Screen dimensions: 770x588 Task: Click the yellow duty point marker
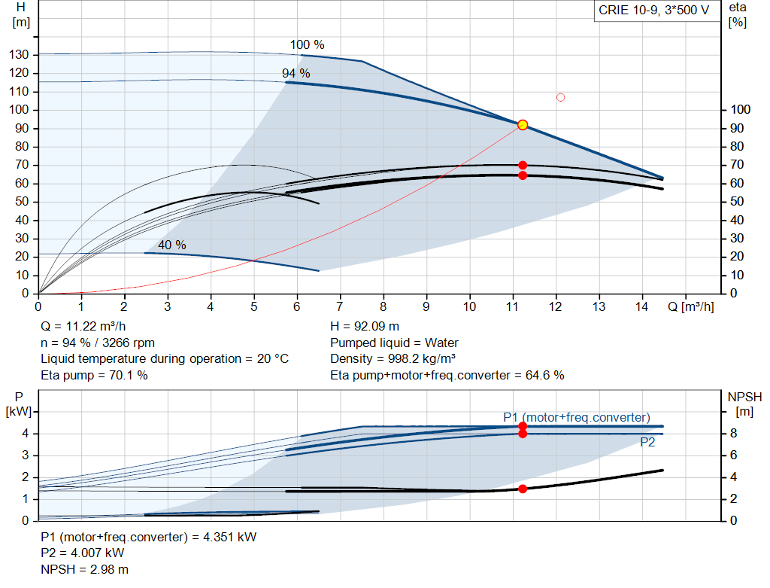pos(523,125)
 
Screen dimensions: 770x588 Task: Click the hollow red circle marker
pos(560,97)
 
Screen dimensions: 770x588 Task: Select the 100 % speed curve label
pos(307,44)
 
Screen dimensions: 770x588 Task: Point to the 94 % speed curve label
pos(296,73)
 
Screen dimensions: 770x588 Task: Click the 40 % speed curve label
pos(172,245)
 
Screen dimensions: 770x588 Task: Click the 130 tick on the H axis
pos(19,54)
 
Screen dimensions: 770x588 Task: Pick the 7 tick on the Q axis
pos(340,306)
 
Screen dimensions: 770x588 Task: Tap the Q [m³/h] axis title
pos(690,306)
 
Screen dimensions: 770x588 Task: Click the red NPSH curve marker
pos(523,489)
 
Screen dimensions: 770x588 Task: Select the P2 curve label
pos(647,443)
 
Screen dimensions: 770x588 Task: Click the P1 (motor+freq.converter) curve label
pos(577,417)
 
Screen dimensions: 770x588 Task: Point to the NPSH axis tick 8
pos(733,433)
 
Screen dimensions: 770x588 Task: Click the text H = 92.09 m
pos(365,327)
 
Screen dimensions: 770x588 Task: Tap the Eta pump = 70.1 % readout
pos(94,375)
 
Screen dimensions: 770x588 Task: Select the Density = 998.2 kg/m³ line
pos(393,358)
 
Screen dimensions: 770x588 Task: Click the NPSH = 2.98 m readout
pos(84,569)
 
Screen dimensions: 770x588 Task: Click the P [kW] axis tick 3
pos(26,455)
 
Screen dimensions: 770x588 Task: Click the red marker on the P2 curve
pos(523,434)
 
